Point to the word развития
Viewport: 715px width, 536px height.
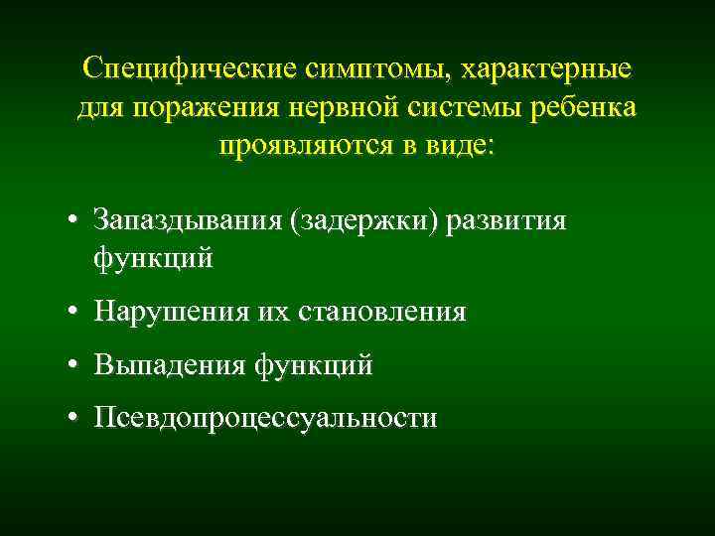click(507, 219)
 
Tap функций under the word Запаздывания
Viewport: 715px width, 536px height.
click(154, 258)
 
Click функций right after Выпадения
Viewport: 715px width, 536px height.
click(314, 365)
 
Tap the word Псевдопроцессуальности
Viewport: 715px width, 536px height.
click(265, 418)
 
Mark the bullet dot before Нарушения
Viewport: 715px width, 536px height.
click(74, 313)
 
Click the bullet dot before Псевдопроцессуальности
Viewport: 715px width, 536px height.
click(74, 418)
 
